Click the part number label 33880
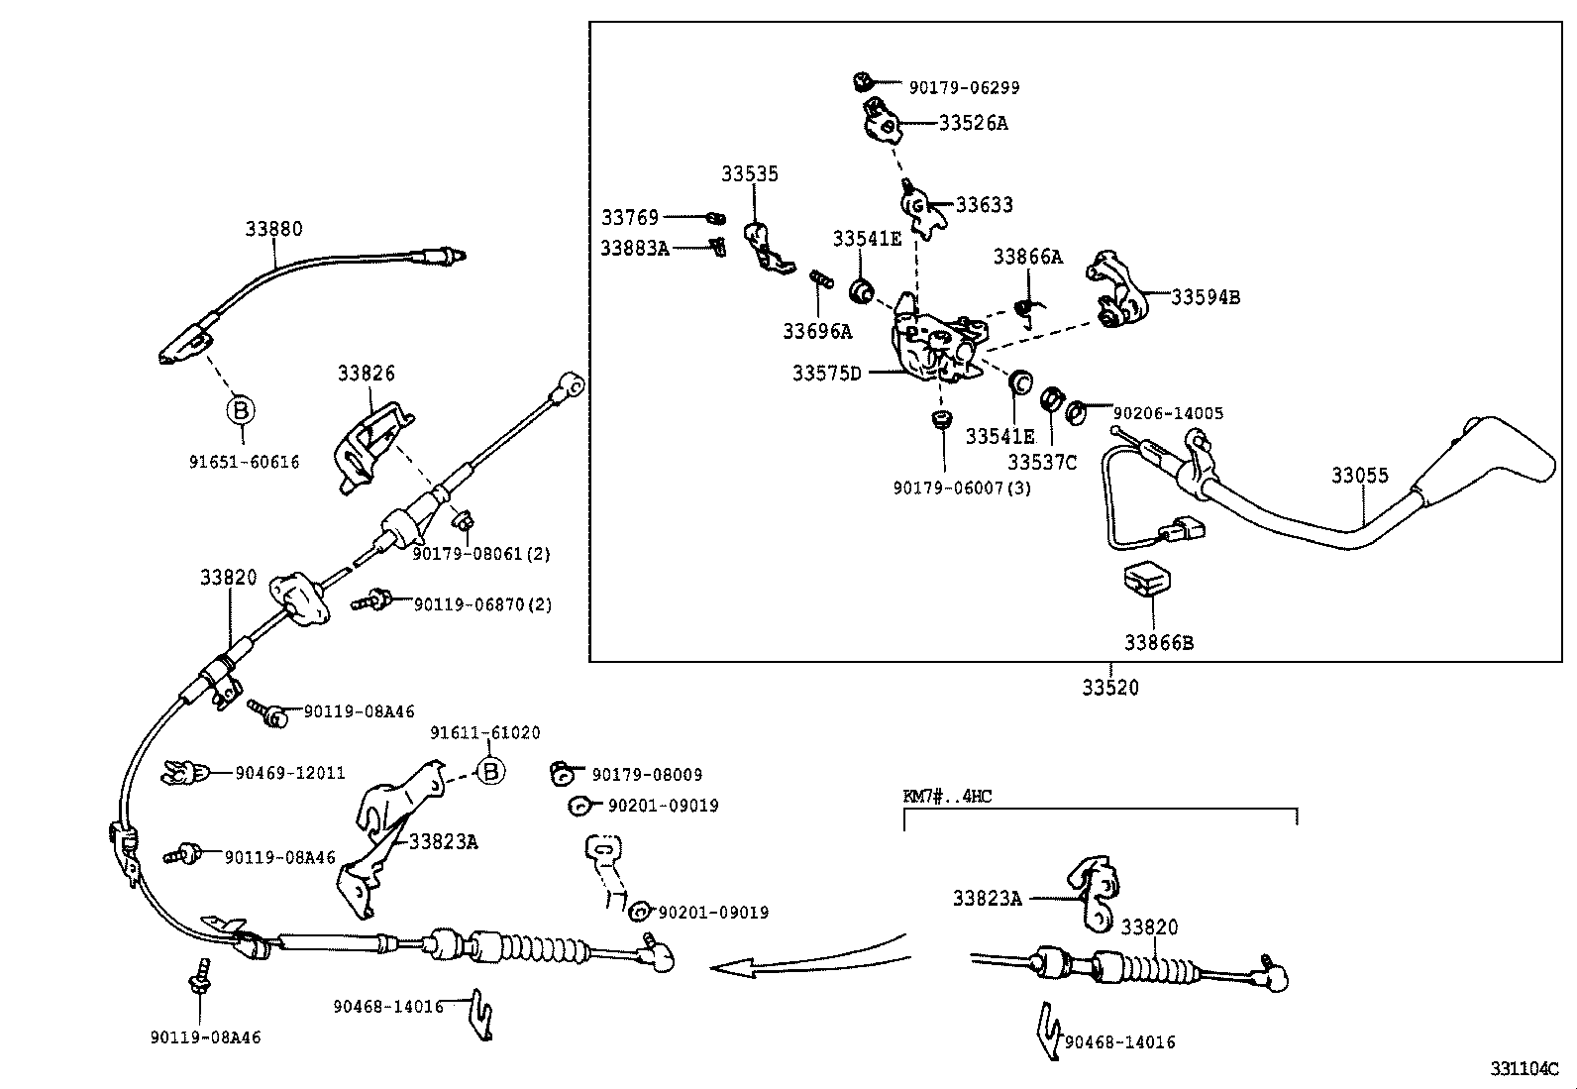pos(273,229)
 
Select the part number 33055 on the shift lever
pos(1359,476)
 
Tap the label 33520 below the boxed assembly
pos(1109,687)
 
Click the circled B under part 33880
pos(241,409)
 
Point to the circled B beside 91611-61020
pos(490,771)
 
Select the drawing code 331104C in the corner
pos(1524,1069)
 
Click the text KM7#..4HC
pos(947,796)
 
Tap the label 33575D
pos(827,374)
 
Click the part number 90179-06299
pos(964,87)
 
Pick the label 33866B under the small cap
pos(1158,642)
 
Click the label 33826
pos(366,373)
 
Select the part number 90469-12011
pos(290,773)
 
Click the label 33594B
pos(1206,296)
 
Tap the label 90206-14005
pos(1168,413)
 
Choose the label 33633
pos(984,205)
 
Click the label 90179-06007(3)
pos(961,488)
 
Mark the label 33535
pos(749,174)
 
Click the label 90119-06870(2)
pos(482,603)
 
